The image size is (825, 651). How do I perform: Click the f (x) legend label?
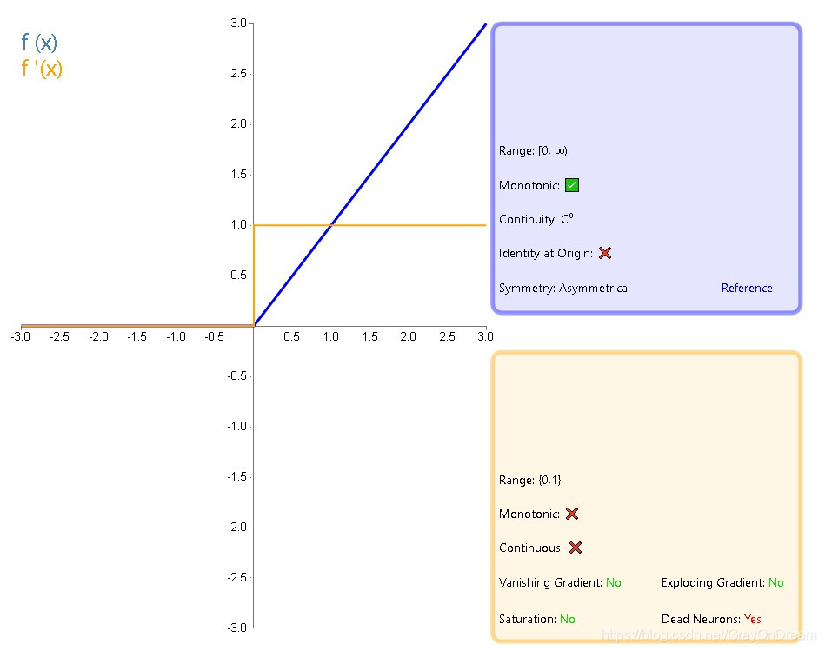coord(39,42)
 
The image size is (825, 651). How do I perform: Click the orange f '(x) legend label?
coord(42,68)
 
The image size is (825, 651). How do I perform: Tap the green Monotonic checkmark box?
coord(572,185)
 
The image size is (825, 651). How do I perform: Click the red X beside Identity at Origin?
coord(605,253)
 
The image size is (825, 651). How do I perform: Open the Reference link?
coord(747,288)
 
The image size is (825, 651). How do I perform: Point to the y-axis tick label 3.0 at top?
coord(238,23)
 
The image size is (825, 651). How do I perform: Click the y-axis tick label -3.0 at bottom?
coord(236,628)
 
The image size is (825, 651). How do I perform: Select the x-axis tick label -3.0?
coord(21,337)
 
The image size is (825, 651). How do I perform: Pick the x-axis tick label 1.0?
coord(331,337)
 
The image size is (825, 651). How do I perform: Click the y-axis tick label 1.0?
coord(238,224)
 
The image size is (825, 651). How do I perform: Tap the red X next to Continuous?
coord(576,548)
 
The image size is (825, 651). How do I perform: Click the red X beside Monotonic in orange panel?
coord(572,514)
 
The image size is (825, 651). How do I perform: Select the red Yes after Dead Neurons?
coord(753,619)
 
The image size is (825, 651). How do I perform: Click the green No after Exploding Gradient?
coord(775,582)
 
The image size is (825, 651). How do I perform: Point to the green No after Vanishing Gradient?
coord(613,582)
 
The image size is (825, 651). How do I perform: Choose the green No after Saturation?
coord(568,619)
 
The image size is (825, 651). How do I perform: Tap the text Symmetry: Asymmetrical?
coord(564,288)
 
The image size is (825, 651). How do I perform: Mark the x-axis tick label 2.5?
coord(447,337)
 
